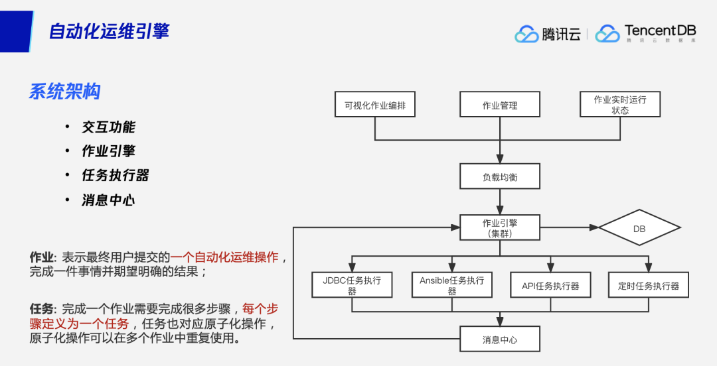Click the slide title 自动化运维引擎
coord(109,30)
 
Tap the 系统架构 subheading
coord(64,91)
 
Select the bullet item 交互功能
coord(108,127)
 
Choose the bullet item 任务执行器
coord(115,175)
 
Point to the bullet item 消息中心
coord(108,200)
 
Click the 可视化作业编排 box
coord(375,105)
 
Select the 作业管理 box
coord(500,105)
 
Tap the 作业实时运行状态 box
coord(620,105)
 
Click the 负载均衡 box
coord(500,177)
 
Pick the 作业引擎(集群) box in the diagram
coord(500,227)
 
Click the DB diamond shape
coord(639,228)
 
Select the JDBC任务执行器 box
coord(352,285)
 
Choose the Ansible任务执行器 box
coord(451,285)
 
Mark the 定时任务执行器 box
coord(649,286)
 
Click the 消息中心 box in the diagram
coord(500,339)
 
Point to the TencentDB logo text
coord(659,32)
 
